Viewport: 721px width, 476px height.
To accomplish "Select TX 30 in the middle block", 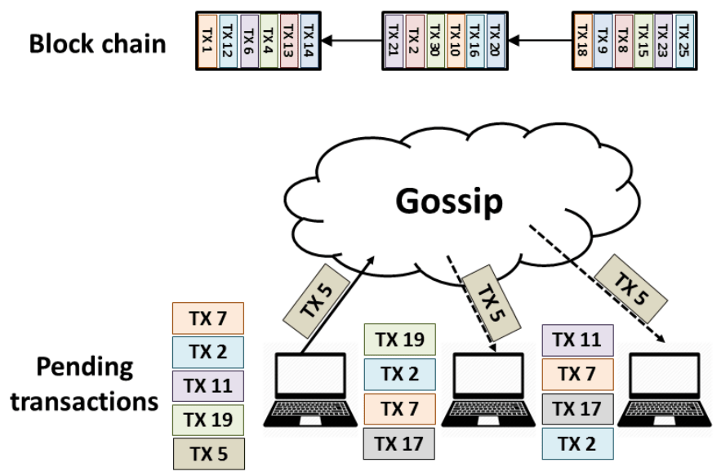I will point(435,38).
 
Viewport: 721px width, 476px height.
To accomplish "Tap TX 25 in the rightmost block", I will point(683,38).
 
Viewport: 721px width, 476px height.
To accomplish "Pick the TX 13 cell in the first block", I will point(288,38).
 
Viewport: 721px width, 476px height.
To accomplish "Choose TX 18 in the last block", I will point(582,38).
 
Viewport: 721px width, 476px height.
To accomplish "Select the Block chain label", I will point(97,44).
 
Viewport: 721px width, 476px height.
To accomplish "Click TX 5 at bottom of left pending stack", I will point(208,453).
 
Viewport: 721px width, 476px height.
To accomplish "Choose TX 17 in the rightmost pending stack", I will point(577,407).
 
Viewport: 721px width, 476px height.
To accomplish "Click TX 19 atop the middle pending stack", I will point(399,339).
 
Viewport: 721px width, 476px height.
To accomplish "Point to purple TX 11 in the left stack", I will point(208,385).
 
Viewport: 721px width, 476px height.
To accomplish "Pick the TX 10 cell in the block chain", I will point(456,38).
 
